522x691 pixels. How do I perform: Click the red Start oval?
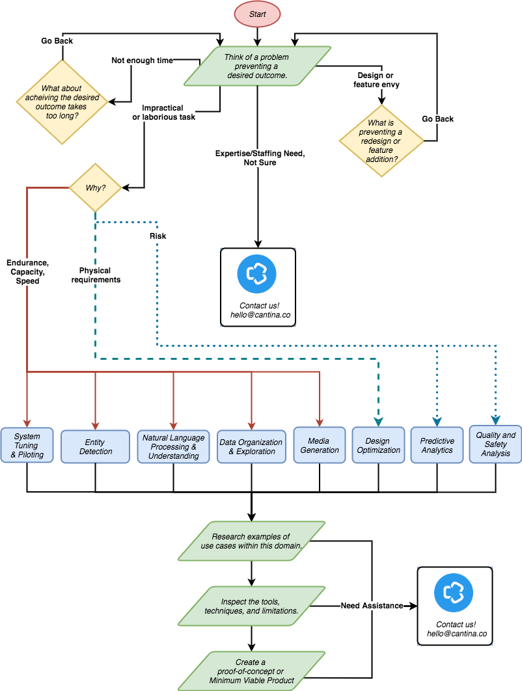point(257,14)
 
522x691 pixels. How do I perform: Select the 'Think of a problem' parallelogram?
point(257,66)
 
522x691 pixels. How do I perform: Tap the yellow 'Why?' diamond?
point(95,188)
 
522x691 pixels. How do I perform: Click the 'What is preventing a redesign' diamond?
point(381,141)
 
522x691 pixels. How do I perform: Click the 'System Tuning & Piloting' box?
point(27,446)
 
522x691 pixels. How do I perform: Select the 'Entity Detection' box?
point(96,446)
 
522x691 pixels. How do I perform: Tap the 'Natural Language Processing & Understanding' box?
point(173,446)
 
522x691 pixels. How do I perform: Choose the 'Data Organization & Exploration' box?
point(251,446)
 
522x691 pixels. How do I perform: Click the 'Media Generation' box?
point(320,445)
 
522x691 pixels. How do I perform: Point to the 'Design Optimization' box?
point(378,445)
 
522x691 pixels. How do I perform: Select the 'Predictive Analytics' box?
point(437,445)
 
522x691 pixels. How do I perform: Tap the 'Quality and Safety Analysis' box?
point(495,444)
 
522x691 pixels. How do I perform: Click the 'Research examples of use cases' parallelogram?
point(251,541)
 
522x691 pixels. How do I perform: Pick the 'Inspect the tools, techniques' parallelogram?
point(251,606)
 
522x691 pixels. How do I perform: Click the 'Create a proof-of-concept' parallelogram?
point(251,671)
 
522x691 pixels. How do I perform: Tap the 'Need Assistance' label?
point(372,606)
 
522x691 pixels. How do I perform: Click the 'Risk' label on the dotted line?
point(158,236)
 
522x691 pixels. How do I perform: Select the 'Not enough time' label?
point(142,61)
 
